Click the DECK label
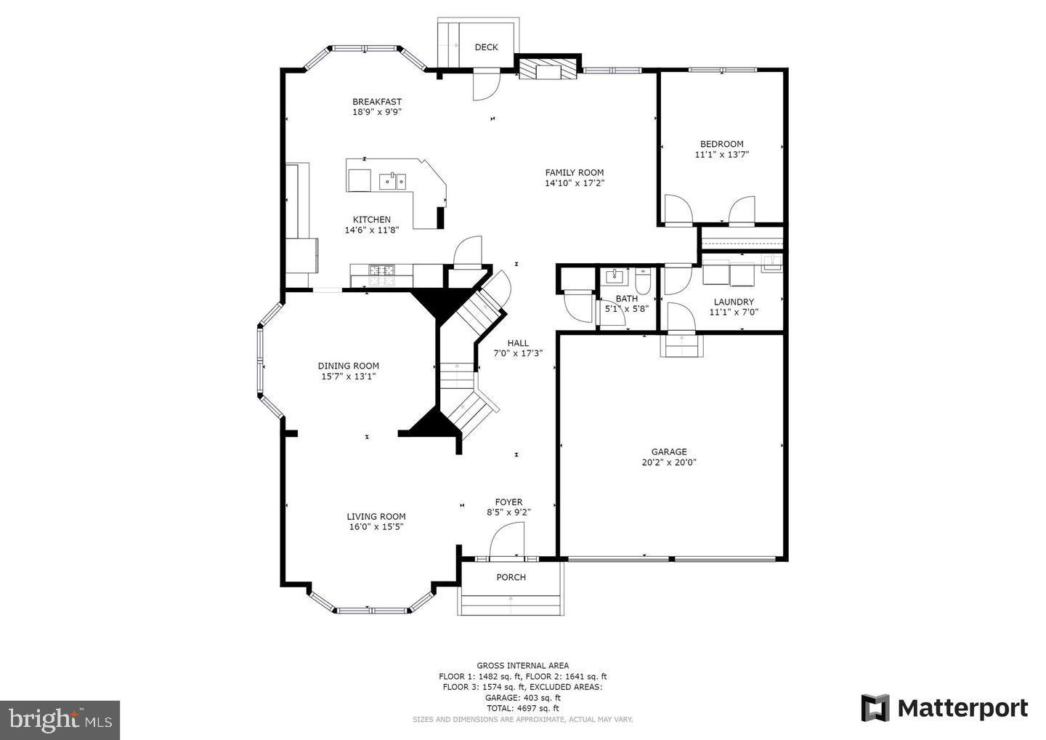pyautogui.click(x=486, y=47)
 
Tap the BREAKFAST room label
pyautogui.click(x=377, y=102)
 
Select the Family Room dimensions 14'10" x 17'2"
pyautogui.click(x=575, y=183)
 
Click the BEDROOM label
pyautogui.click(x=721, y=144)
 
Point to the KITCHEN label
pyautogui.click(x=372, y=220)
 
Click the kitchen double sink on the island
pyautogui.click(x=392, y=180)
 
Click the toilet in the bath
pyautogui.click(x=643, y=279)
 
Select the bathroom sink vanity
pyautogui.click(x=615, y=276)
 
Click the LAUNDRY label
pyautogui.click(x=734, y=302)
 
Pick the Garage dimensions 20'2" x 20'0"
pyautogui.click(x=668, y=462)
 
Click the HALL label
pyautogui.click(x=518, y=343)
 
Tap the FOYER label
pyautogui.click(x=508, y=502)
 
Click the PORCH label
pyautogui.click(x=511, y=577)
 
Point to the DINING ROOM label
pyautogui.click(x=348, y=366)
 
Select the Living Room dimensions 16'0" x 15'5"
pyautogui.click(x=376, y=527)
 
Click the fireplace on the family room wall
pyautogui.click(x=548, y=69)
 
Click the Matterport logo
pyautogui.click(x=944, y=708)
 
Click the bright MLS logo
pyautogui.click(x=60, y=720)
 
